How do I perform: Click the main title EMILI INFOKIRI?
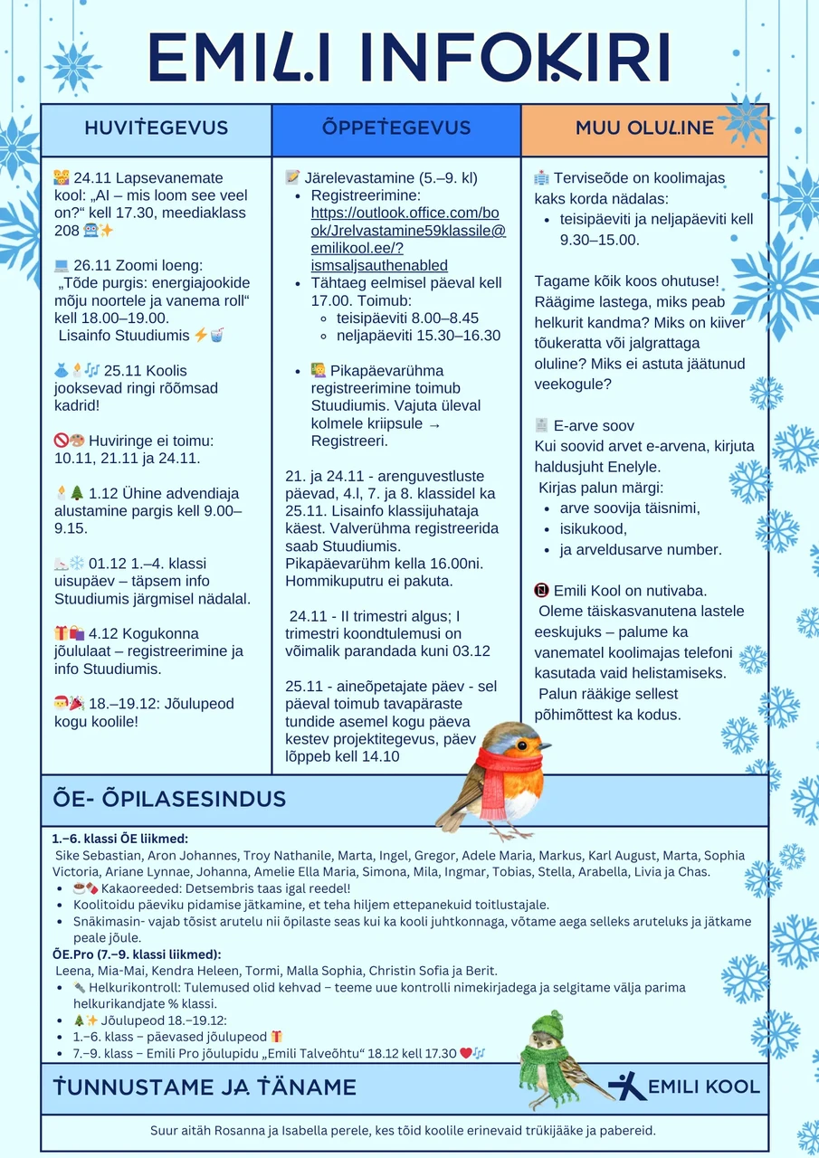pyautogui.click(x=409, y=58)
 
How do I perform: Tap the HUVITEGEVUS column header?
pyautogui.click(x=156, y=128)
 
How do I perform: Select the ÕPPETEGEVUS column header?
pyautogui.click(x=396, y=128)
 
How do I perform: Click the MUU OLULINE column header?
pyautogui.click(x=644, y=128)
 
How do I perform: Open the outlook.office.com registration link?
pyautogui.click(x=408, y=231)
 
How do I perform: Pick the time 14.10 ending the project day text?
pyautogui.click(x=379, y=756)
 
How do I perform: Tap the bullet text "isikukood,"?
pyautogui.click(x=593, y=528)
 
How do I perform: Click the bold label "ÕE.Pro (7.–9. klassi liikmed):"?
pyautogui.click(x=137, y=954)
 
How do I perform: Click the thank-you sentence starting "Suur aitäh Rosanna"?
pyautogui.click(x=403, y=1130)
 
